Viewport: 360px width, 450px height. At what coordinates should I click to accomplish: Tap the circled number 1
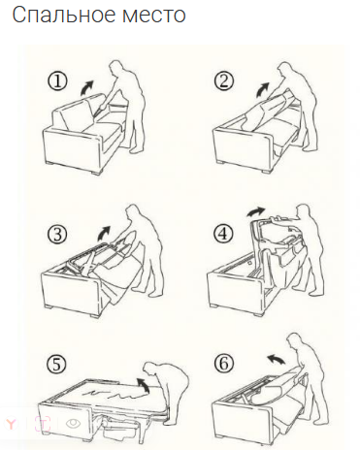(x=58, y=81)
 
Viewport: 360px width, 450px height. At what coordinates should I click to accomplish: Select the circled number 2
(x=224, y=81)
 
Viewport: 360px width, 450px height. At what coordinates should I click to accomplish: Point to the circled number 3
(x=57, y=234)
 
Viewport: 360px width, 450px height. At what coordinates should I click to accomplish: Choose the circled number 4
(x=223, y=234)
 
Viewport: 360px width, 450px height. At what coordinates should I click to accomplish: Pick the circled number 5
(x=56, y=365)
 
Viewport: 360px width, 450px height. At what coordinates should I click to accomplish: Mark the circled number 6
(x=224, y=364)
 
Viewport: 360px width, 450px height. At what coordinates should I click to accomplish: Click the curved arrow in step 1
(x=86, y=88)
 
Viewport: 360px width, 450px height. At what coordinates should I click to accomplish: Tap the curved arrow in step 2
(x=262, y=89)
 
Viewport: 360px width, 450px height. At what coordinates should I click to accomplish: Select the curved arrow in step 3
(x=104, y=234)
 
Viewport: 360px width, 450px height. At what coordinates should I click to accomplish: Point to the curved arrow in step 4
(x=255, y=211)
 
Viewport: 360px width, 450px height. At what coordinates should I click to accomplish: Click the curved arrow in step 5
(x=143, y=385)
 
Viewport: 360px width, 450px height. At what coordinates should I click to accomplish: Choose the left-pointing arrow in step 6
(x=276, y=359)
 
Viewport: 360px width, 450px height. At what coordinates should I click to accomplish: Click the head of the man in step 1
(x=115, y=68)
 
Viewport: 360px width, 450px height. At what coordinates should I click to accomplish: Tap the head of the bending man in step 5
(x=150, y=370)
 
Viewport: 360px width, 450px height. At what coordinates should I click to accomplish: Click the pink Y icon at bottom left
(x=12, y=424)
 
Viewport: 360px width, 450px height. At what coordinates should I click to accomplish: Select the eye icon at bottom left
(x=73, y=424)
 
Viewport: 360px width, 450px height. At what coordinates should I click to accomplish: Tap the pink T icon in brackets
(x=43, y=424)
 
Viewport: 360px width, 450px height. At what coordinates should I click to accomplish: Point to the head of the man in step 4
(x=303, y=211)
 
